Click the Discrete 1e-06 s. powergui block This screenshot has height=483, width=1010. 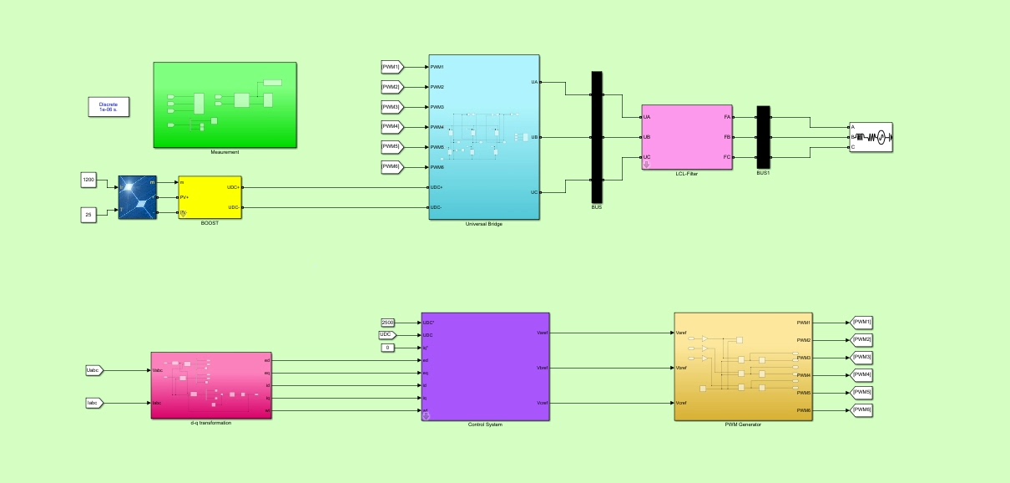pos(109,107)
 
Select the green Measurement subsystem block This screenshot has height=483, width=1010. pos(225,104)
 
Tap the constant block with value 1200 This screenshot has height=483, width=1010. pos(88,180)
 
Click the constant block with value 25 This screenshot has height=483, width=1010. pos(88,215)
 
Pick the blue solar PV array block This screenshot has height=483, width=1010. pos(138,197)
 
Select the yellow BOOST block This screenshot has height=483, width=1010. pos(210,197)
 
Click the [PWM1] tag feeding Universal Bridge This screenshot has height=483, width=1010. pos(391,67)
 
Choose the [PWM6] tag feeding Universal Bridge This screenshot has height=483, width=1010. pos(391,167)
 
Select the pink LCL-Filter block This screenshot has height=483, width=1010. pos(686,137)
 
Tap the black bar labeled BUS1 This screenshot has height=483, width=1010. pos(763,136)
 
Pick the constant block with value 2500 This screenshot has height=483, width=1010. pos(388,323)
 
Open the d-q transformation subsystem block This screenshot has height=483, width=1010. pos(210,385)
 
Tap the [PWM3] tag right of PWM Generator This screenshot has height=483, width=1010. pos(861,358)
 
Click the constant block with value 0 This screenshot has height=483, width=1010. pos(386,348)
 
